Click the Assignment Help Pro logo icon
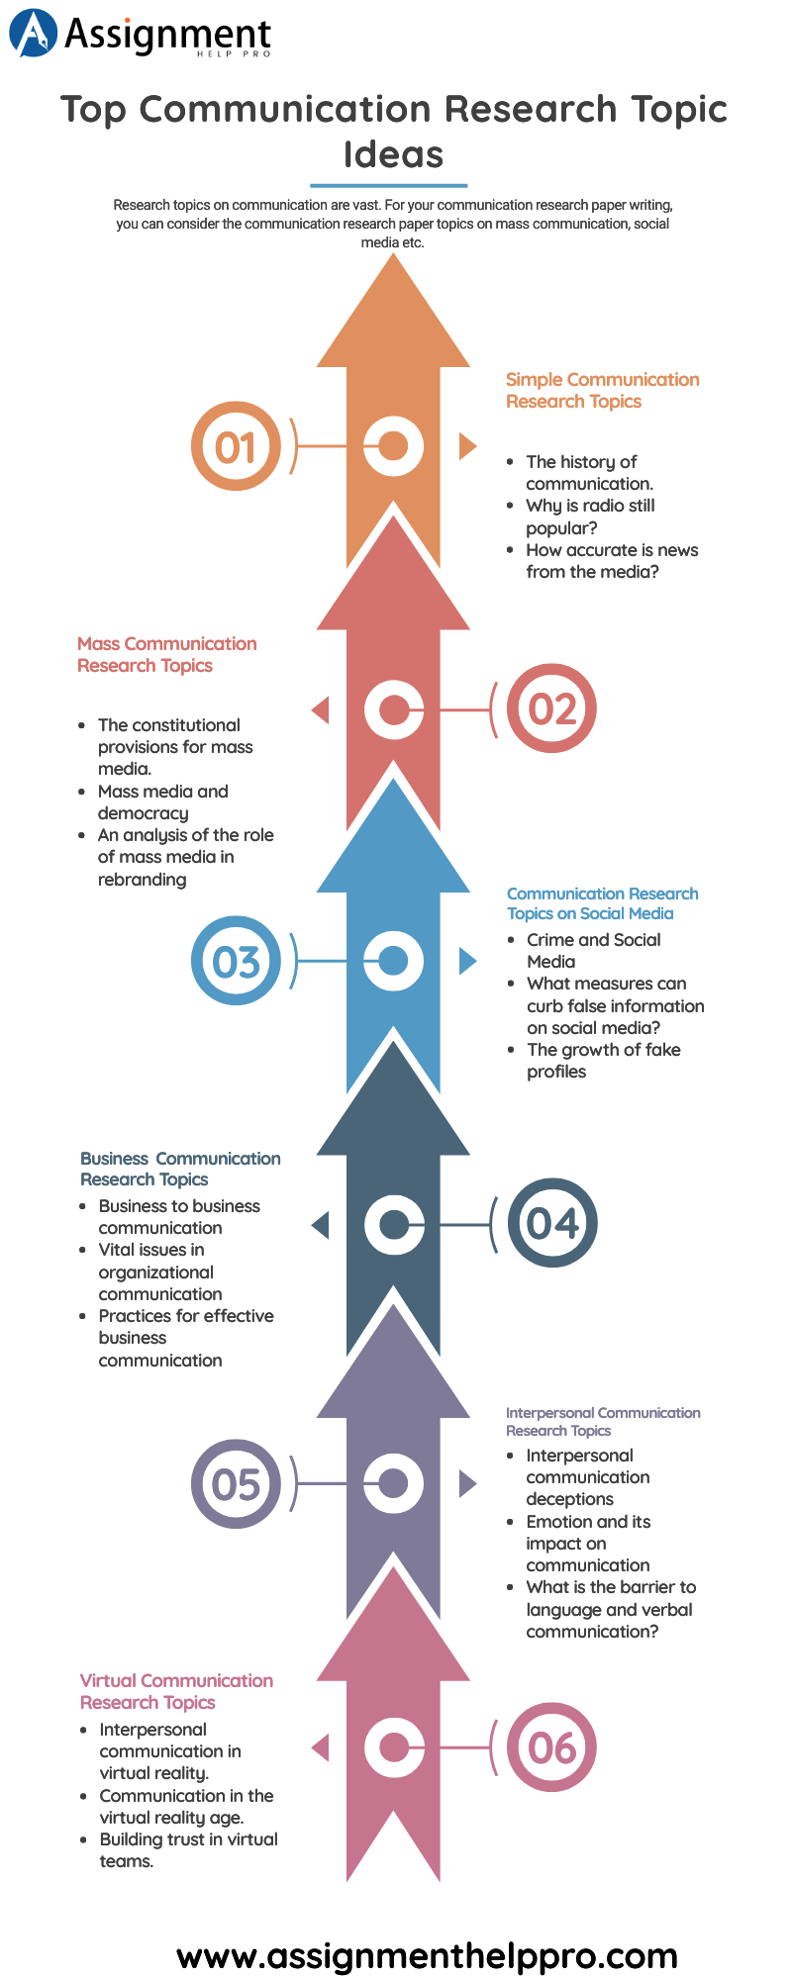pyautogui.click(x=33, y=33)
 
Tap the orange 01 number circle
pyautogui.click(x=236, y=446)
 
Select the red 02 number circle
pyautogui.click(x=551, y=708)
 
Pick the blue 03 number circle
pyautogui.click(x=236, y=961)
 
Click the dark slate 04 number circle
pyautogui.click(x=551, y=1223)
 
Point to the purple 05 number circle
pyautogui.click(x=236, y=1483)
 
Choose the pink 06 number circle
pyautogui.click(x=551, y=1747)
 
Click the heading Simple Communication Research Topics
pyautogui.click(x=602, y=391)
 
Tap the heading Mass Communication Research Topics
pyautogui.click(x=166, y=654)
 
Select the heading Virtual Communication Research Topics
pyautogui.click(x=176, y=1691)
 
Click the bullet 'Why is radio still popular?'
pyautogui.click(x=590, y=517)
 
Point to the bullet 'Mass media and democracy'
pyautogui.click(x=162, y=802)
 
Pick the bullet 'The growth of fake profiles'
pyautogui.click(x=603, y=1061)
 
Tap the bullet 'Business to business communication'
pyautogui.click(x=178, y=1217)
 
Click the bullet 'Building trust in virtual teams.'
pyautogui.click(x=188, y=1850)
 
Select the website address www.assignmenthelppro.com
pyautogui.click(x=427, y=1955)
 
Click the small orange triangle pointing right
pyautogui.click(x=466, y=446)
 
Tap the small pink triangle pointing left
pyautogui.click(x=321, y=1747)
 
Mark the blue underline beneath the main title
pyautogui.click(x=388, y=185)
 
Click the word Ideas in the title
pyautogui.click(x=393, y=154)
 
